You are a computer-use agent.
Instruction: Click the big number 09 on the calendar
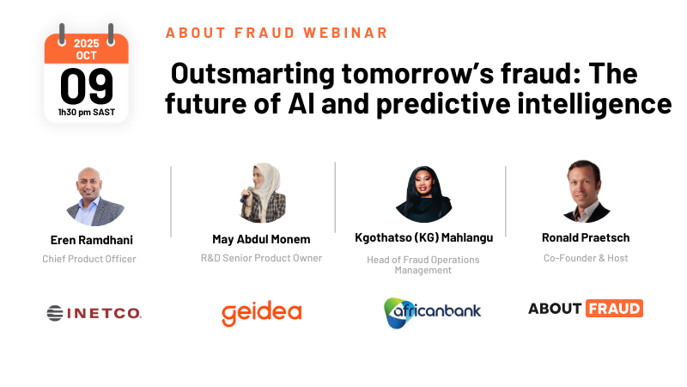(x=87, y=86)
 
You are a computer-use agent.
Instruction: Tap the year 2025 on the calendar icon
(x=87, y=42)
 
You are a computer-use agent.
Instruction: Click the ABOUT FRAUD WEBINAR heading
(x=277, y=33)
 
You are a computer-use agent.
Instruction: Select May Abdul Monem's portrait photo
(x=261, y=193)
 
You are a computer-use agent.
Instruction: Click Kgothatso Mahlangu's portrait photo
(x=423, y=193)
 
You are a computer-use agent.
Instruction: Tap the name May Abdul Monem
(x=261, y=239)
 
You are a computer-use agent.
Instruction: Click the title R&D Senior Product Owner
(x=261, y=257)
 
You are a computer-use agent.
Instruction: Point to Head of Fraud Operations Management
(x=423, y=265)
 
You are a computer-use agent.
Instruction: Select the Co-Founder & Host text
(x=586, y=257)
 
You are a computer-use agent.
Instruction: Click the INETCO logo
(x=94, y=313)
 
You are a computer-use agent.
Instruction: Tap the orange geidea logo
(x=261, y=313)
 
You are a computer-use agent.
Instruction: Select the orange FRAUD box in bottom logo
(x=614, y=309)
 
